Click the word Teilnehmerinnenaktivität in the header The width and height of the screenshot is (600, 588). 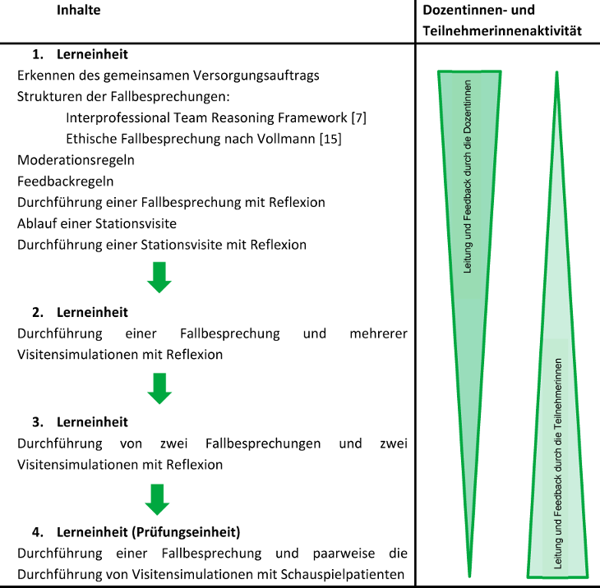(x=502, y=30)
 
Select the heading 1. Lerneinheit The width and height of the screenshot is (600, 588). (x=80, y=55)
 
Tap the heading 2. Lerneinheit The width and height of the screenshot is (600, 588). (x=80, y=312)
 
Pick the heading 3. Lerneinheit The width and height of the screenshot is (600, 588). (x=80, y=422)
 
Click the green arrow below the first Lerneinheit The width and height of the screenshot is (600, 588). (x=159, y=278)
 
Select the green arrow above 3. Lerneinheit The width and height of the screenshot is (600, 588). (x=159, y=388)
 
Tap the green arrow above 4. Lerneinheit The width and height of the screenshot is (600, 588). (x=159, y=498)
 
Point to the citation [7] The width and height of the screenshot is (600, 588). (x=358, y=118)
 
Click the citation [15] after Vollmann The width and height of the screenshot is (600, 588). (x=330, y=139)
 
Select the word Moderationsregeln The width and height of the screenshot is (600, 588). (x=76, y=160)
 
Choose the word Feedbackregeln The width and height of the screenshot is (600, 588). (x=65, y=181)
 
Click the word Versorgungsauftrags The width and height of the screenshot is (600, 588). (x=257, y=75)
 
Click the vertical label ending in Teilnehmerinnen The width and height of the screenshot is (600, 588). (x=558, y=463)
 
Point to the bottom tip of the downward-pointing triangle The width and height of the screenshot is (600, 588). (x=469, y=574)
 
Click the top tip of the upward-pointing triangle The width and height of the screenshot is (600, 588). (x=557, y=73)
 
